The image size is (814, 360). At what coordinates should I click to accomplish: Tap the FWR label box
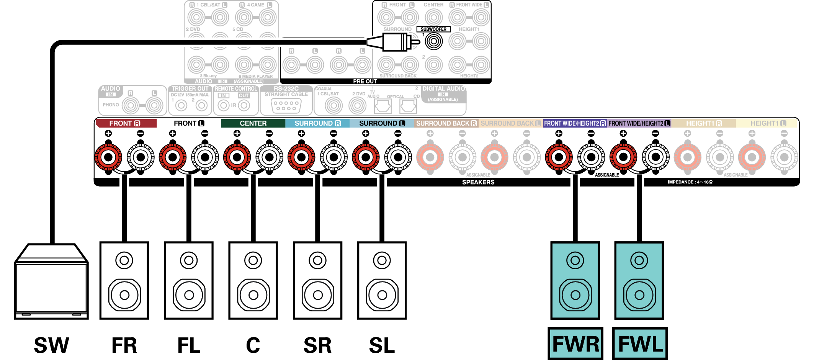pyautogui.click(x=575, y=344)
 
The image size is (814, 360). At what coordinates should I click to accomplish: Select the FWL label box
pyautogui.click(x=640, y=344)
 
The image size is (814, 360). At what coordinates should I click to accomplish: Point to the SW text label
pyautogui.click(x=51, y=345)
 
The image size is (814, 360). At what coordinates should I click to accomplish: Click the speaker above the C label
pyautogui.click(x=253, y=280)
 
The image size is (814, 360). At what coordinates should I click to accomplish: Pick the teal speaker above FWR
pyautogui.click(x=575, y=280)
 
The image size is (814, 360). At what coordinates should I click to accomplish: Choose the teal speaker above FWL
pyautogui.click(x=639, y=280)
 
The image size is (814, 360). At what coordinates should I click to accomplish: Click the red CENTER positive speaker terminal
pyautogui.click(x=237, y=157)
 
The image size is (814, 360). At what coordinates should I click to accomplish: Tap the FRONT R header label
pyautogui.click(x=126, y=123)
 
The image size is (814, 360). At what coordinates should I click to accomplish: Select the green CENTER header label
pyautogui.click(x=253, y=123)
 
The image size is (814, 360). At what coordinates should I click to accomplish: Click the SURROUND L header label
pyautogui.click(x=381, y=123)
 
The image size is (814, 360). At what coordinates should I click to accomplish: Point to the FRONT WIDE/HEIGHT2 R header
pyautogui.click(x=575, y=123)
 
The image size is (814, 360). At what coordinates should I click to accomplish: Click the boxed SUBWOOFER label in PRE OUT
pyautogui.click(x=433, y=29)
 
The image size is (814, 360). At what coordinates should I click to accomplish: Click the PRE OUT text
pyautogui.click(x=365, y=81)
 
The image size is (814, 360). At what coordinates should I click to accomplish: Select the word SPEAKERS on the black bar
pyautogui.click(x=478, y=182)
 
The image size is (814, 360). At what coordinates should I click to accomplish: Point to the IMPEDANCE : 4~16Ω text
pyautogui.click(x=690, y=182)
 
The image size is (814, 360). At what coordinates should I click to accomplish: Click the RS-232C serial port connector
pyautogui.click(x=286, y=106)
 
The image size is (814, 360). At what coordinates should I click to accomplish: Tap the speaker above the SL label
pyautogui.click(x=382, y=280)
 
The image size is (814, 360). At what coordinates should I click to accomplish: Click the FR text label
pyautogui.click(x=124, y=345)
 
